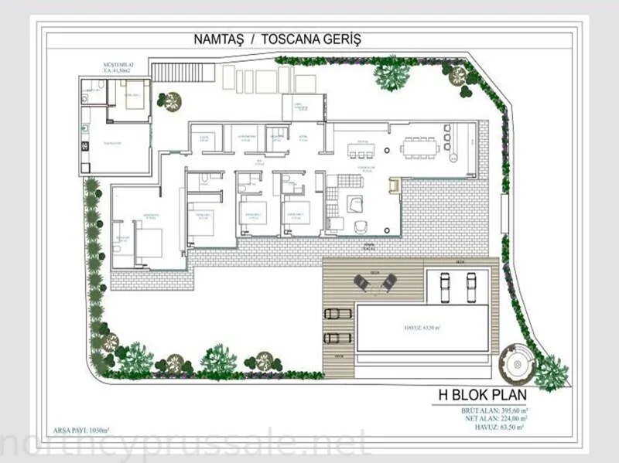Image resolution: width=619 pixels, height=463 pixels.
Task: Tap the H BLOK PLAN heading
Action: point(483,396)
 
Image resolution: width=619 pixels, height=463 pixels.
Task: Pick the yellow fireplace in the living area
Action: point(393,186)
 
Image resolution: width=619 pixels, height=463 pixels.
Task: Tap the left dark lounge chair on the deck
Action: point(361,281)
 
